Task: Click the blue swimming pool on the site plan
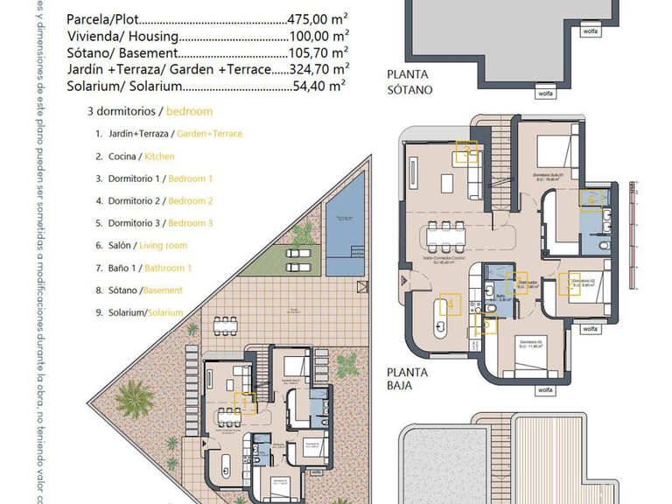pyautogui.click(x=345, y=229)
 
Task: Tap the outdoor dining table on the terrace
pyautogui.click(x=228, y=324)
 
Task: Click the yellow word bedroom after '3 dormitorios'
pyautogui.click(x=189, y=111)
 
